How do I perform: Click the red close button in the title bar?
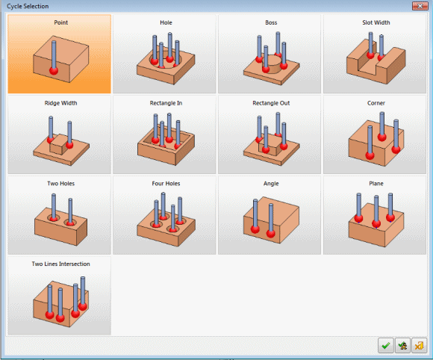420,6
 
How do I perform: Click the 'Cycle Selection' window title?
28,6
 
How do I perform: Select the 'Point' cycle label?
60,22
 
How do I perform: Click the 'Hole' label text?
166,22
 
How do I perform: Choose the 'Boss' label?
271,22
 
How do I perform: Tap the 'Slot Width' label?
376,22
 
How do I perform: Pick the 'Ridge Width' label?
60,103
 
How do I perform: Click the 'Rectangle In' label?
166,103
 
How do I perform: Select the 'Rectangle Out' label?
271,103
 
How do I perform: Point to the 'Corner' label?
376,103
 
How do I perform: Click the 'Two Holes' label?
60,184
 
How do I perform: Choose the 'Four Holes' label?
166,184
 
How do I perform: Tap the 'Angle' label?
271,184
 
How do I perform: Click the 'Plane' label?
376,184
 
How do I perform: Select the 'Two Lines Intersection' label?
60,264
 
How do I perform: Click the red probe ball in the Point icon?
54,70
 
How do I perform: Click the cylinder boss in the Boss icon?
271,63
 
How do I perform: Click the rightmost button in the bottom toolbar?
419,345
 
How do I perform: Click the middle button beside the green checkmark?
402,345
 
